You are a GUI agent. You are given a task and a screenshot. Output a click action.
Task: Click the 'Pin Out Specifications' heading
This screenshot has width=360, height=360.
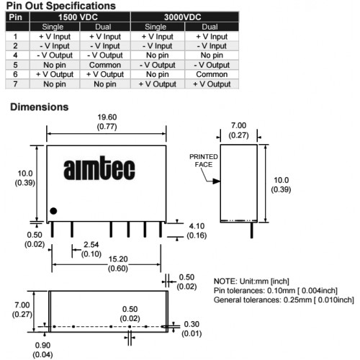click(61, 6)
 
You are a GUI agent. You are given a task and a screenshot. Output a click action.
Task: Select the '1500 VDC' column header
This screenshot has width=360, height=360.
click(78, 17)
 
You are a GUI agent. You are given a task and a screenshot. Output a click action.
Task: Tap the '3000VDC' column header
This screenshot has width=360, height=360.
click(183, 17)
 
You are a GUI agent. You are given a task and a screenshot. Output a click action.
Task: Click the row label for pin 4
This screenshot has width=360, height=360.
click(15, 55)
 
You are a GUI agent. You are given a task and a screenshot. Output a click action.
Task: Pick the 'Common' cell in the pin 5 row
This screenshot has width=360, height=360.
click(105, 65)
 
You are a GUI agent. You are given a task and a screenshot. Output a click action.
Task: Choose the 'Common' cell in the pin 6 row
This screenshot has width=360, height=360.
click(212, 74)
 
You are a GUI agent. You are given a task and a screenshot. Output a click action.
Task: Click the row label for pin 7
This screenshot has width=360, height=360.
click(15, 84)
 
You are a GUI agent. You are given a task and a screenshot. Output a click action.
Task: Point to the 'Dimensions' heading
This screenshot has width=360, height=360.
click(40, 107)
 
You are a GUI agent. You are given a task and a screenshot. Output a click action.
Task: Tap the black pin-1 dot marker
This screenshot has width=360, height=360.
click(53, 211)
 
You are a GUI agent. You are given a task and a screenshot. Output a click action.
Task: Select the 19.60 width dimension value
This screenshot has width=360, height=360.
click(107, 117)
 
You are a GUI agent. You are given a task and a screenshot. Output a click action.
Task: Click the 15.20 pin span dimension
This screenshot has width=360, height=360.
click(118, 259)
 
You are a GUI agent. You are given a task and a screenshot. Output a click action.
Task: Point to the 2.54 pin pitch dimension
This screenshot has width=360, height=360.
click(91, 245)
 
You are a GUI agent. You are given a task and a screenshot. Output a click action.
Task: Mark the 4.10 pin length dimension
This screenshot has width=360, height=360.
click(197, 226)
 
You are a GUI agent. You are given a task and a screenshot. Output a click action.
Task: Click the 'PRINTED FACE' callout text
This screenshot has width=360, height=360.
click(204, 161)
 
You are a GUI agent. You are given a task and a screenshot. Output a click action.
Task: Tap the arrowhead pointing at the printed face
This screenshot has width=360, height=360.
click(217, 181)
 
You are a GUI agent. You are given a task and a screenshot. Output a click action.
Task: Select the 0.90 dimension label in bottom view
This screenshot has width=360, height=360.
click(42, 346)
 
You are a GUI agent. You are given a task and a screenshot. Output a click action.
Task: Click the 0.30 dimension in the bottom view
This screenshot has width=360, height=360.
click(192, 324)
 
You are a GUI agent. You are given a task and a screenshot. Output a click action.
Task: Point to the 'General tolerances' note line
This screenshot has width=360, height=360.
click(284, 300)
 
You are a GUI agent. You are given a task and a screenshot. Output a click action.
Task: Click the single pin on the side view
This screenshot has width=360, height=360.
click(251, 230)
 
